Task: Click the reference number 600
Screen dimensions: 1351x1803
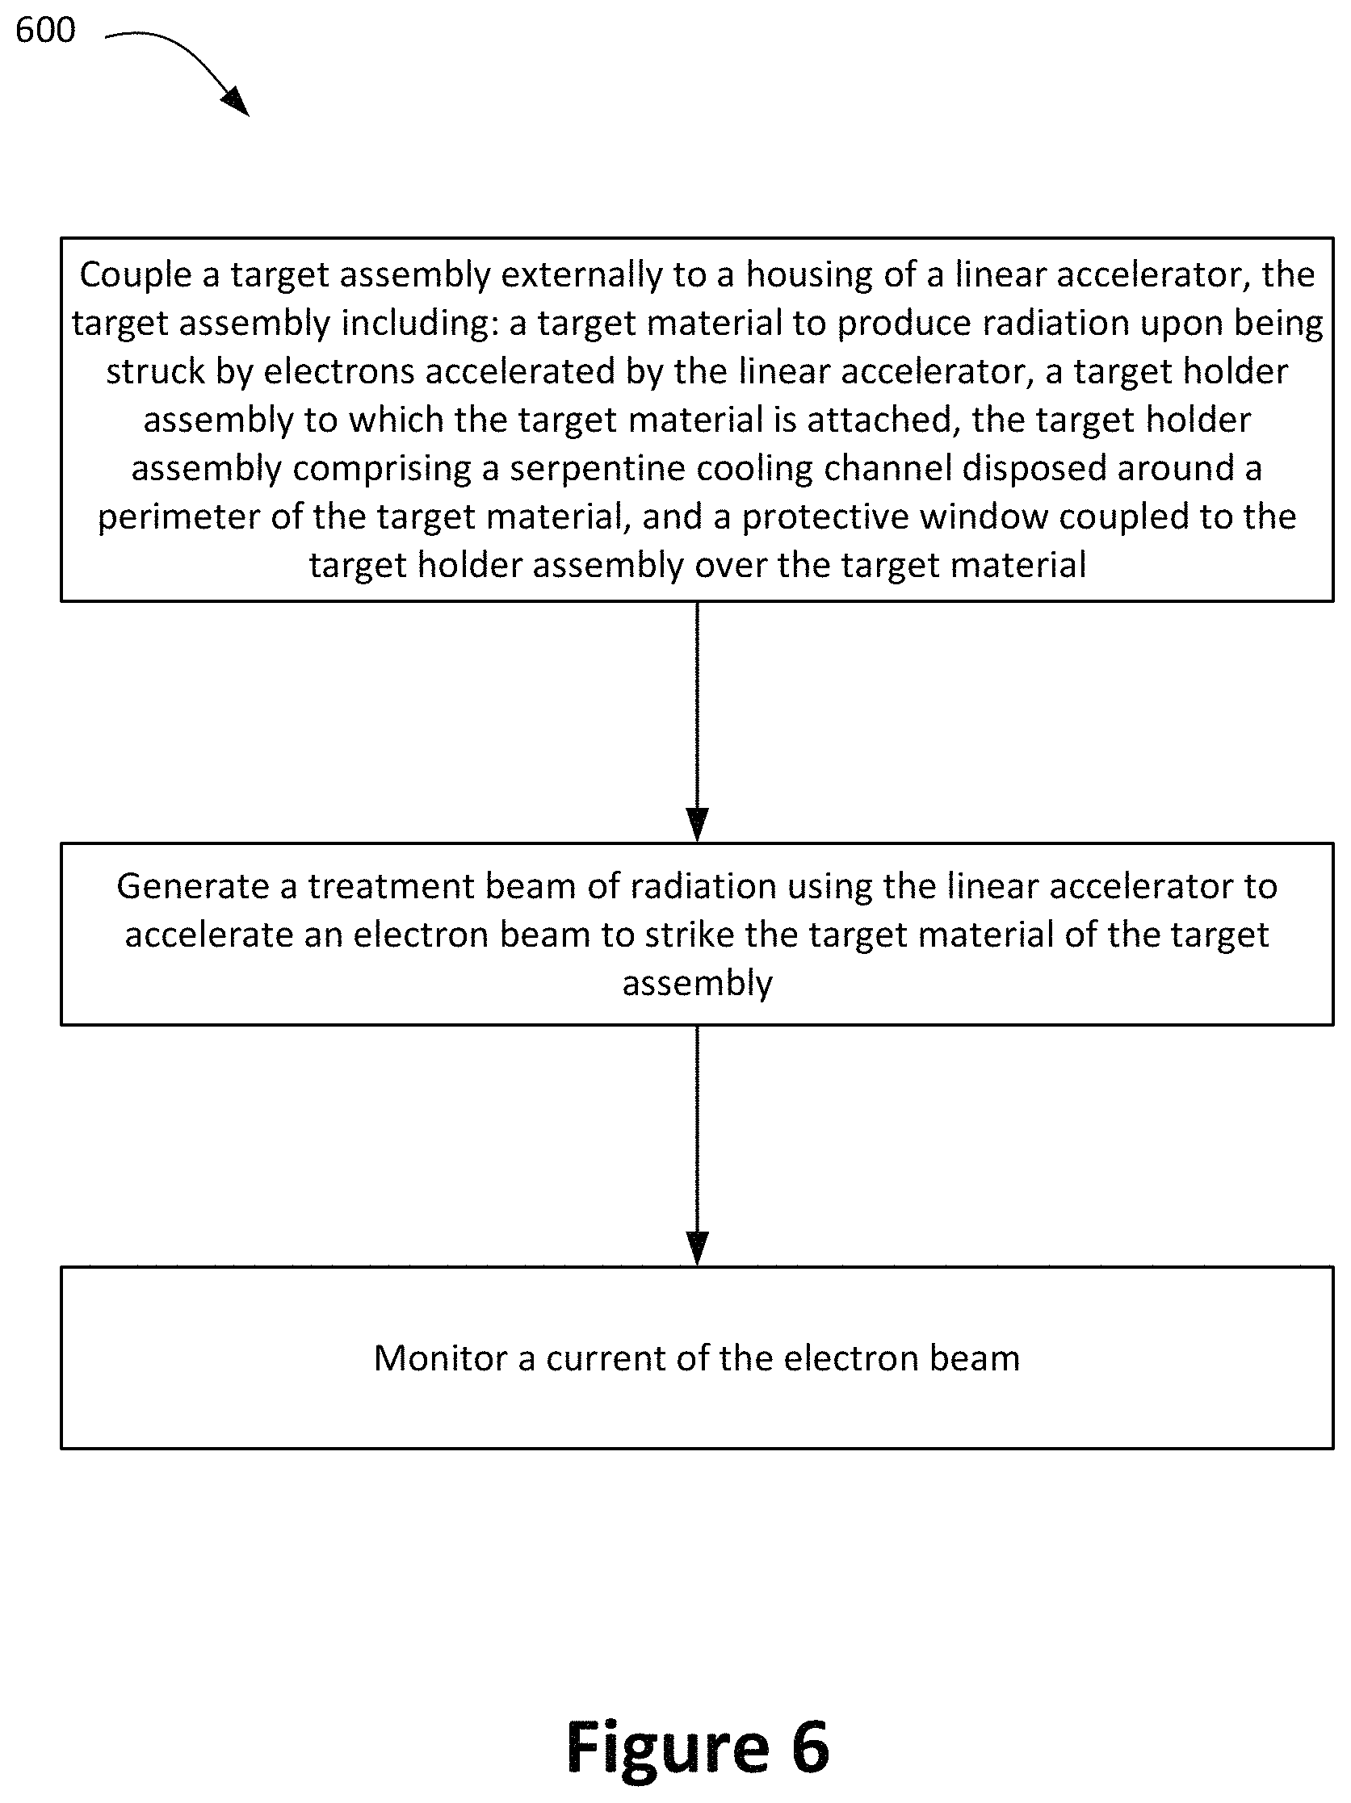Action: pyautogui.click(x=46, y=30)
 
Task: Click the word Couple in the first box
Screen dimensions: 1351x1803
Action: pyautogui.click(x=135, y=275)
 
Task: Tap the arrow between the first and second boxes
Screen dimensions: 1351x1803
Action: pyautogui.click(x=697, y=722)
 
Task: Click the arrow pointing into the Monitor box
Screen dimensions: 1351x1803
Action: pyautogui.click(x=697, y=1146)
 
